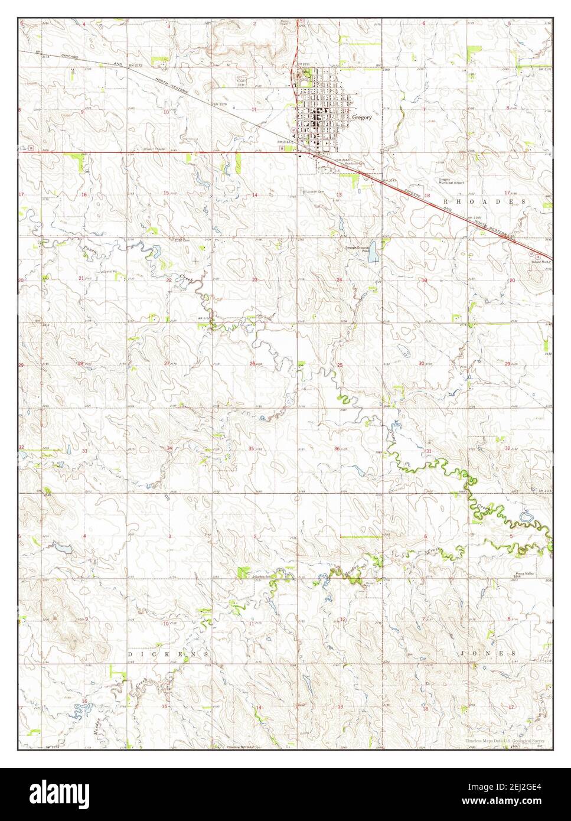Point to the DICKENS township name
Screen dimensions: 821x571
pos(168,654)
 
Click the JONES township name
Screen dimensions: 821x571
pos(489,654)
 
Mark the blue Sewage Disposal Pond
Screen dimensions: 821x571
pos(373,256)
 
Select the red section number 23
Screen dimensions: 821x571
pos(255,279)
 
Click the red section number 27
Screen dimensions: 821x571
pos(167,363)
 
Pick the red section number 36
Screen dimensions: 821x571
pos(337,448)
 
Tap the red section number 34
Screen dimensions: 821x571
pos(169,448)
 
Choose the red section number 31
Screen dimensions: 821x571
pos(428,451)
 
